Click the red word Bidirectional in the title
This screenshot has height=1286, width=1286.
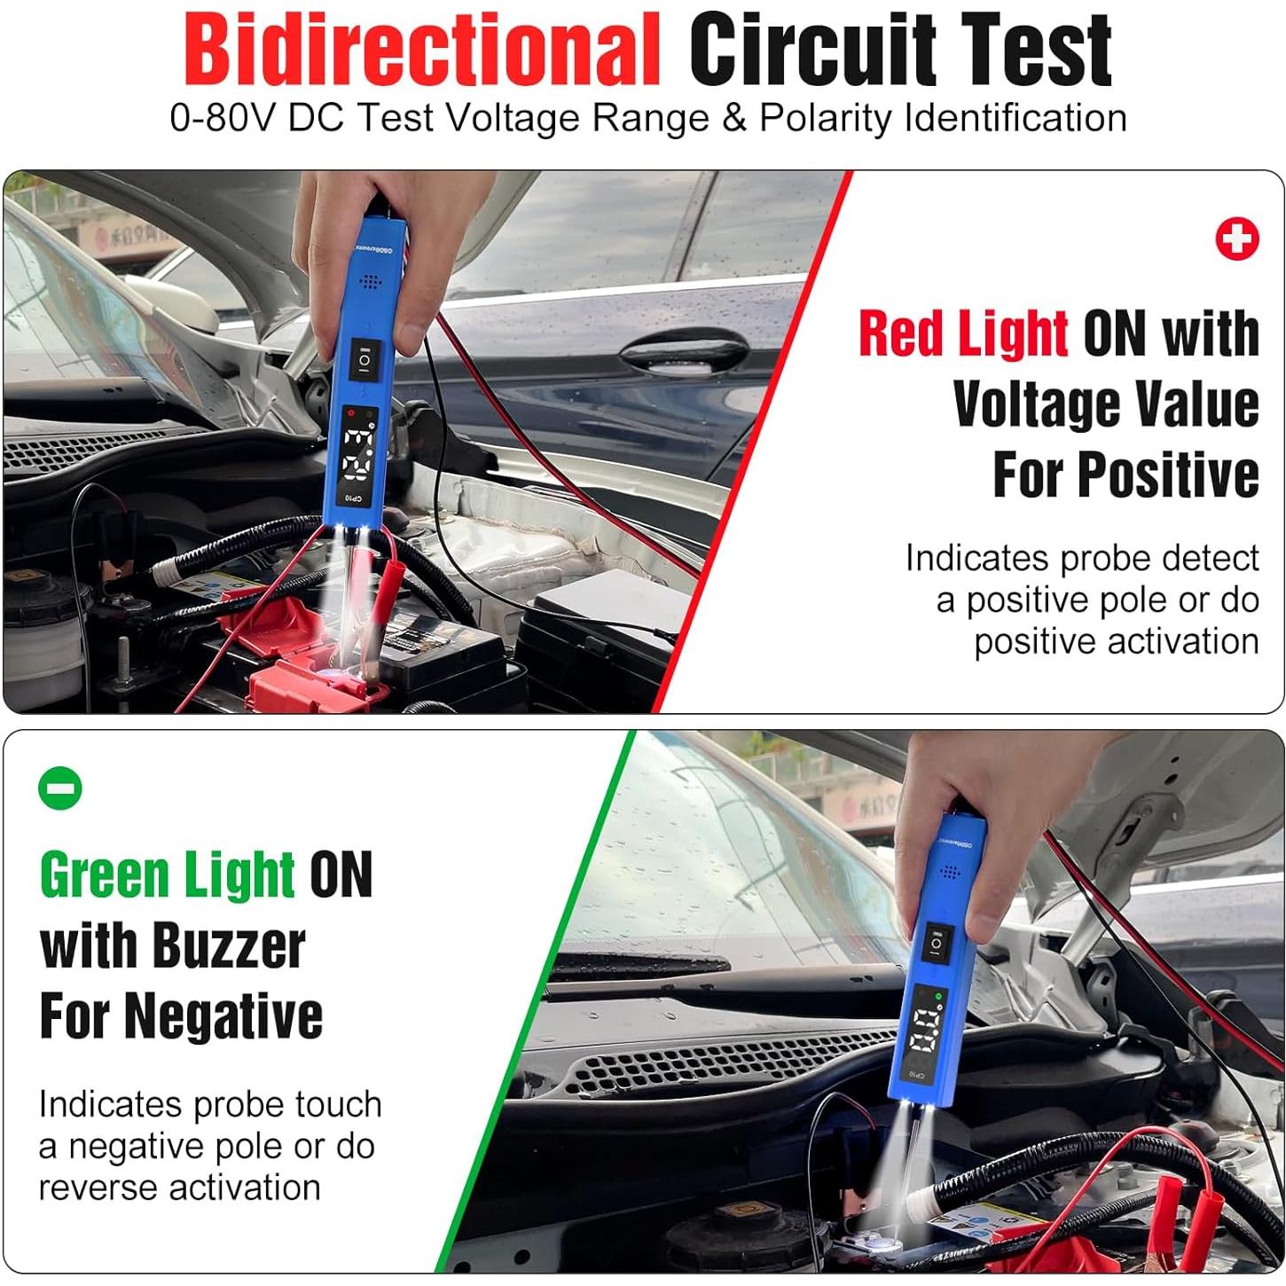tap(422, 51)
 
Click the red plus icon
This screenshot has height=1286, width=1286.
tap(1236, 239)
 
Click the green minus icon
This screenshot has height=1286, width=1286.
tap(60, 788)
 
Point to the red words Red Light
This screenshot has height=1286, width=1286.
tap(962, 333)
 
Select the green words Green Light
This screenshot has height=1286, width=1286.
tap(167, 874)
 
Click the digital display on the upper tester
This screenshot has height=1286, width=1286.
tap(359, 452)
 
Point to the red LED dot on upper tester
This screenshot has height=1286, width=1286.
tap(352, 413)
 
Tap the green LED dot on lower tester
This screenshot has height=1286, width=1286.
tap(939, 997)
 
